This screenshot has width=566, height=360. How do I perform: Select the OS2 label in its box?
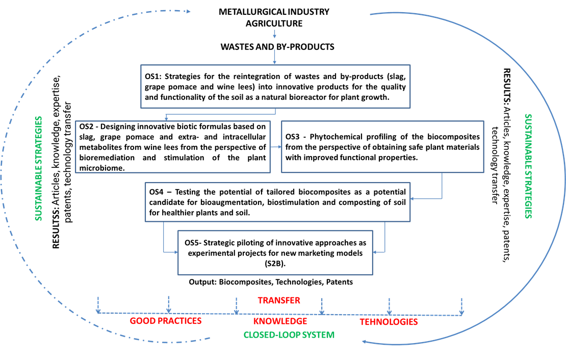pos(88,126)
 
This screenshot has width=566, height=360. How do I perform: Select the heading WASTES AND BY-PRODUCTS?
pos(277,47)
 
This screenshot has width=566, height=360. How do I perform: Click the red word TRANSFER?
pos(278,300)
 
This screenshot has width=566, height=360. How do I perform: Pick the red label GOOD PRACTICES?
pos(166,321)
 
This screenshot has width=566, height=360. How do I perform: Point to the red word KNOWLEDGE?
pos(280,321)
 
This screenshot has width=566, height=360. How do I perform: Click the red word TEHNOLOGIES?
pos(389,322)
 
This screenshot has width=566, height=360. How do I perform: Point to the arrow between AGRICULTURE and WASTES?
pos(275,34)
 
